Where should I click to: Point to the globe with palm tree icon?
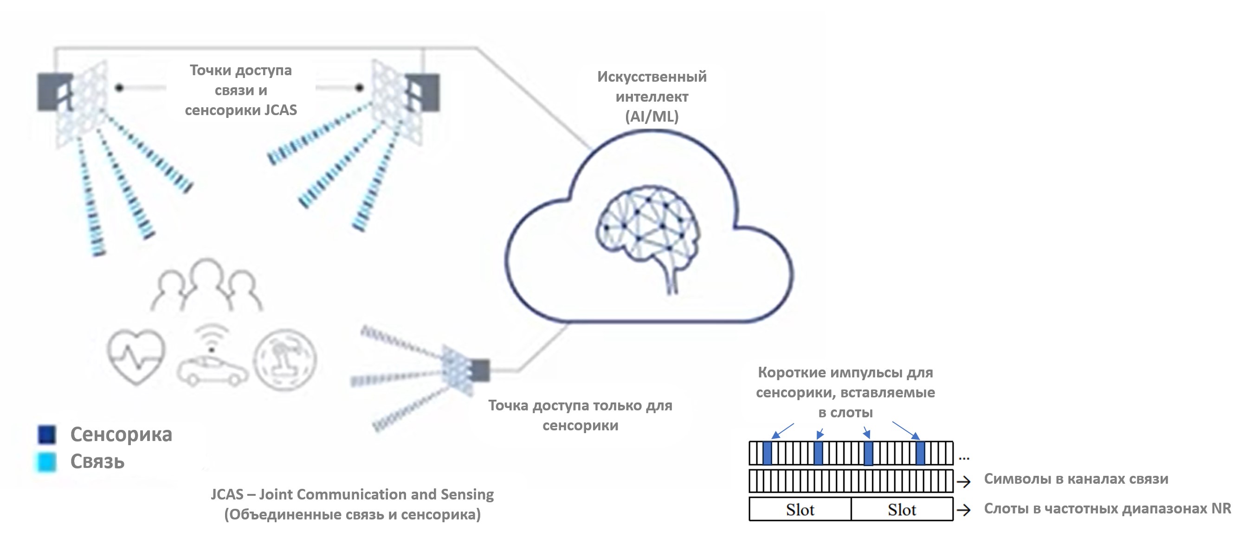pyautogui.click(x=285, y=359)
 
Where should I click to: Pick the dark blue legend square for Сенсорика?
pyautogui.click(x=47, y=435)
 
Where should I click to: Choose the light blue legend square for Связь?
pyautogui.click(x=47, y=462)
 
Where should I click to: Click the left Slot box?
pyautogui.click(x=800, y=509)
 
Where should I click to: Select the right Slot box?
pyautogui.click(x=902, y=509)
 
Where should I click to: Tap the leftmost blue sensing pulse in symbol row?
pyautogui.click(x=768, y=453)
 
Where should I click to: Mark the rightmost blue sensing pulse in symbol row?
pyautogui.click(x=920, y=453)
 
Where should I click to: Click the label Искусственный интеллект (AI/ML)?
pyautogui.click(x=652, y=96)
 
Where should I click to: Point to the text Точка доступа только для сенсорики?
pyautogui.click(x=581, y=415)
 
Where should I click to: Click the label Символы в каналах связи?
pyautogui.click(x=1076, y=479)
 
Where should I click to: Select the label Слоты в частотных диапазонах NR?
pyautogui.click(x=1107, y=508)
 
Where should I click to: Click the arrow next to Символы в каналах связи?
pyautogui.click(x=963, y=481)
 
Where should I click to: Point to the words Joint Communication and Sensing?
pyautogui.click(x=376, y=494)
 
